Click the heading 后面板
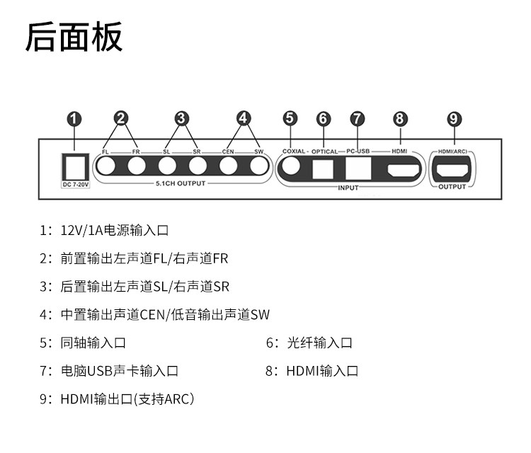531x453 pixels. [74, 37]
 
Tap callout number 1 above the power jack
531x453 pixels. [74, 119]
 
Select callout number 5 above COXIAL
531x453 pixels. [290, 118]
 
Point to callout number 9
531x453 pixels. [454, 119]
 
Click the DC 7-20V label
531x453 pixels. [76, 185]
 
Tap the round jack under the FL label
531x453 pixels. [106, 166]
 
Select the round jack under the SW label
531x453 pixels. [259, 166]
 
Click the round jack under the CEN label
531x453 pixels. [228, 166]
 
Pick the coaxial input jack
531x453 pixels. [291, 166]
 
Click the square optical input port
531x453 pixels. [323, 168]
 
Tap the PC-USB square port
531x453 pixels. [358, 168]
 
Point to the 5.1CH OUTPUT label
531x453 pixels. [181, 183]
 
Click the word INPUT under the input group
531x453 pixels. [348, 188]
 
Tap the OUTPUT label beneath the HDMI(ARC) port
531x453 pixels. [452, 187]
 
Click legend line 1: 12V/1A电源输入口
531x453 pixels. [104, 231]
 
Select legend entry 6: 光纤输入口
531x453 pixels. [309, 343]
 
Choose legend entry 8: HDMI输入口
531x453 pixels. [312, 371]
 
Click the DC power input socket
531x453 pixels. [76, 167]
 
